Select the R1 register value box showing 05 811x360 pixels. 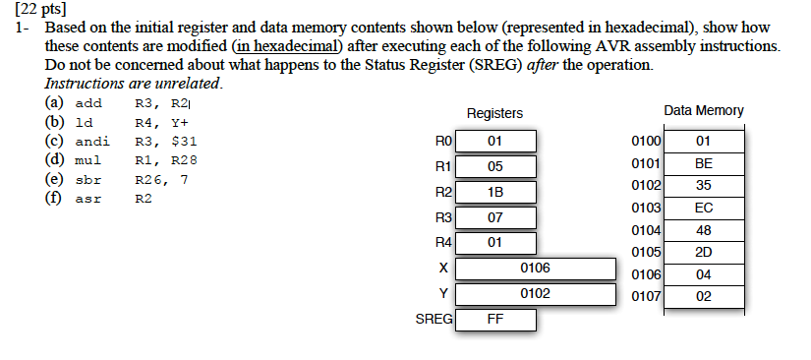[494, 166]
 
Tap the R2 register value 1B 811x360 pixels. [494, 192]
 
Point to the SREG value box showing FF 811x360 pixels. [494, 320]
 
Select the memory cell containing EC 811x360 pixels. [702, 208]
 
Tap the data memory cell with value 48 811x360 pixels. [702, 229]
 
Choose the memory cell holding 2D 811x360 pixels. [702, 252]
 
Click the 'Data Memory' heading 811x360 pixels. [704, 111]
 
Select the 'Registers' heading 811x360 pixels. [494, 114]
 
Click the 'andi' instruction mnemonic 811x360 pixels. [92, 142]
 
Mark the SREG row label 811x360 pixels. [434, 320]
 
